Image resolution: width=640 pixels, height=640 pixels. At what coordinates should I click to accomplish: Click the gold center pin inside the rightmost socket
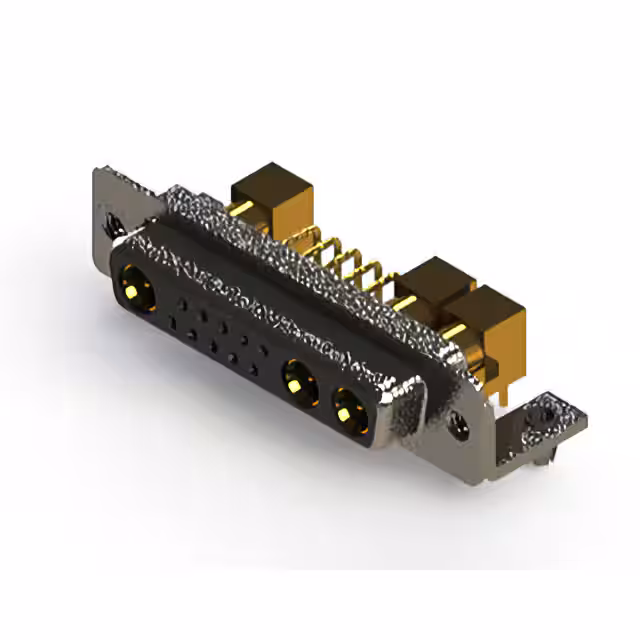(346, 411)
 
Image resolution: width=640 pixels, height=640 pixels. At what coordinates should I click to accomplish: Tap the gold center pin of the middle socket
(295, 382)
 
